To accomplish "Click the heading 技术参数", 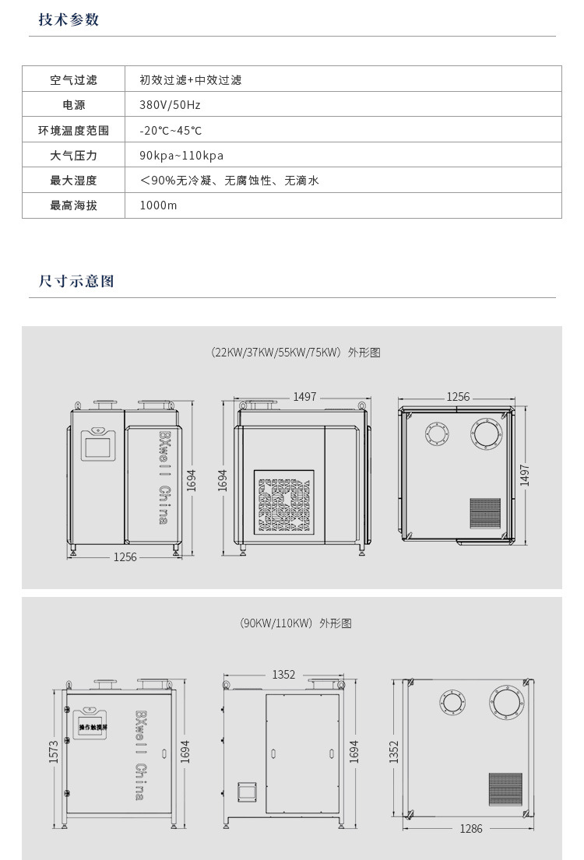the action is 69,20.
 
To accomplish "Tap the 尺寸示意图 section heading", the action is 76,281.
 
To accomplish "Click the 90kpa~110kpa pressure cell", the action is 181,156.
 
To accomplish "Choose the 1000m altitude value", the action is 158,205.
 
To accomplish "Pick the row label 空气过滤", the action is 73,79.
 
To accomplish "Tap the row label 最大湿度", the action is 73,181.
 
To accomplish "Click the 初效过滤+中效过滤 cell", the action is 191,79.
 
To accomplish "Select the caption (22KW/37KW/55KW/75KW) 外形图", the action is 295,353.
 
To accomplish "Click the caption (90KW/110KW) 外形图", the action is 295,623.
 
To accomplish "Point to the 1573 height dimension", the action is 55,751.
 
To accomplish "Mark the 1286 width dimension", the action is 471,828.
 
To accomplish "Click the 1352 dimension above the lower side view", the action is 283,675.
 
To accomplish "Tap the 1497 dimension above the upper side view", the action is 304,397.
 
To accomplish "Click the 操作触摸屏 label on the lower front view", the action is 93,727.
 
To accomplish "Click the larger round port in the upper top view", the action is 487,433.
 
